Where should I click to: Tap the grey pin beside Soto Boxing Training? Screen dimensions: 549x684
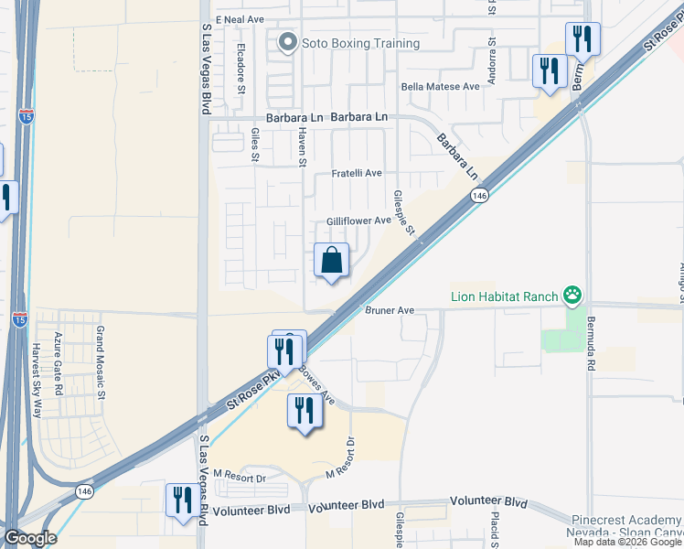(x=288, y=42)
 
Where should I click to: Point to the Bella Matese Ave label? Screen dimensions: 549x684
(x=441, y=87)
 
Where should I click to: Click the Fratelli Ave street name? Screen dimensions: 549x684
(x=357, y=173)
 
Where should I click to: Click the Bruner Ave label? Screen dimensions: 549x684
(x=390, y=311)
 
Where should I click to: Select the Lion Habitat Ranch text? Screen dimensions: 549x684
(x=506, y=296)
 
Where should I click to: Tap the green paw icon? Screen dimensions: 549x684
(x=572, y=295)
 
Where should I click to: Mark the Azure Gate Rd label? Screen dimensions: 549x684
(x=59, y=364)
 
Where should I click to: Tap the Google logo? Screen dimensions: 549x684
(x=30, y=538)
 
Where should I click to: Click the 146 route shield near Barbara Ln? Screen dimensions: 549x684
(x=479, y=196)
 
